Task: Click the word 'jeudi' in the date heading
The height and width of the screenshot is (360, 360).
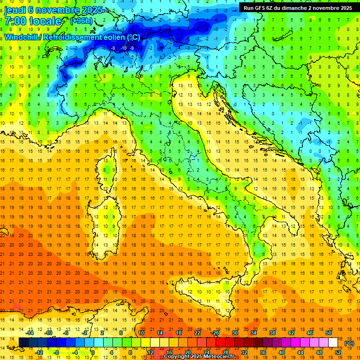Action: point(15,10)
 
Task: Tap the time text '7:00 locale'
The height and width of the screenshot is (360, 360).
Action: point(33,21)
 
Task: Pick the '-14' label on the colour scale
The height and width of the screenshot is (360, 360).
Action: point(30,333)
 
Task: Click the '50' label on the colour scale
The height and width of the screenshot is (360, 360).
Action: point(329,333)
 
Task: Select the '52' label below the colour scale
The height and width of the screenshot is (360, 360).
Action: point(338,352)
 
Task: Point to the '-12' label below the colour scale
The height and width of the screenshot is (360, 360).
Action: point(39,352)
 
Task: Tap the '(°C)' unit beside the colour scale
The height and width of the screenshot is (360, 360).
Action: point(349,343)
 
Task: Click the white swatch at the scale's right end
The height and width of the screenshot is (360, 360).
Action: point(333,342)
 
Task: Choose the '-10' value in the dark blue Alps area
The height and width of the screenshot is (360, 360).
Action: point(123,48)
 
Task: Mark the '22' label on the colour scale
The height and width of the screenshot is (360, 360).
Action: point(197,333)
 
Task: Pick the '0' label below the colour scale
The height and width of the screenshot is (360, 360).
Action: point(93,352)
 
